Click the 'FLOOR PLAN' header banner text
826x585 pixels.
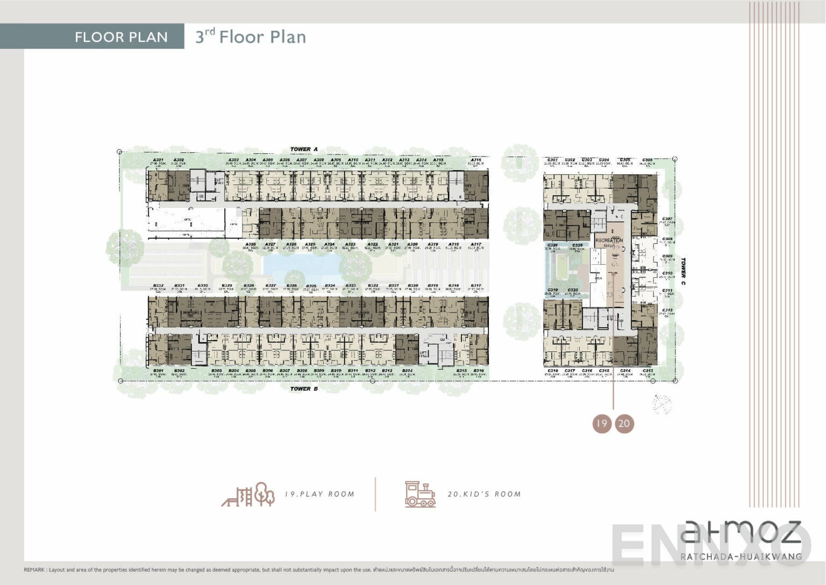[x=121, y=37]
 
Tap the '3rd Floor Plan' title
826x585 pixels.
[x=251, y=37]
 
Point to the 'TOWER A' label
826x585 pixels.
[x=304, y=149]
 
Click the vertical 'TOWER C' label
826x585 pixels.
[x=683, y=271]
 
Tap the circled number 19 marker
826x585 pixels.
[x=602, y=424]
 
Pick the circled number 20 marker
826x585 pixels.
[x=624, y=424]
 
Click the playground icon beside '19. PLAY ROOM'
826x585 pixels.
[x=248, y=494]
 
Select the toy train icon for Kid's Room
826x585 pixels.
[x=420, y=494]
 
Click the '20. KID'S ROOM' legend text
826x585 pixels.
[x=484, y=494]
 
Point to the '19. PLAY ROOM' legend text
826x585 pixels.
[x=319, y=494]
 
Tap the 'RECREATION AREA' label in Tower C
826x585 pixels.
[x=609, y=243]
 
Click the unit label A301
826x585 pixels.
[x=158, y=160]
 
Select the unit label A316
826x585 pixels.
[x=476, y=160]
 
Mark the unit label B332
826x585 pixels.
[x=158, y=286]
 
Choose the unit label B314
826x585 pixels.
[x=407, y=371]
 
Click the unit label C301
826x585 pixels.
[x=552, y=160]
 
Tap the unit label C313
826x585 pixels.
[x=647, y=371]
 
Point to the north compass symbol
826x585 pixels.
[x=662, y=404]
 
